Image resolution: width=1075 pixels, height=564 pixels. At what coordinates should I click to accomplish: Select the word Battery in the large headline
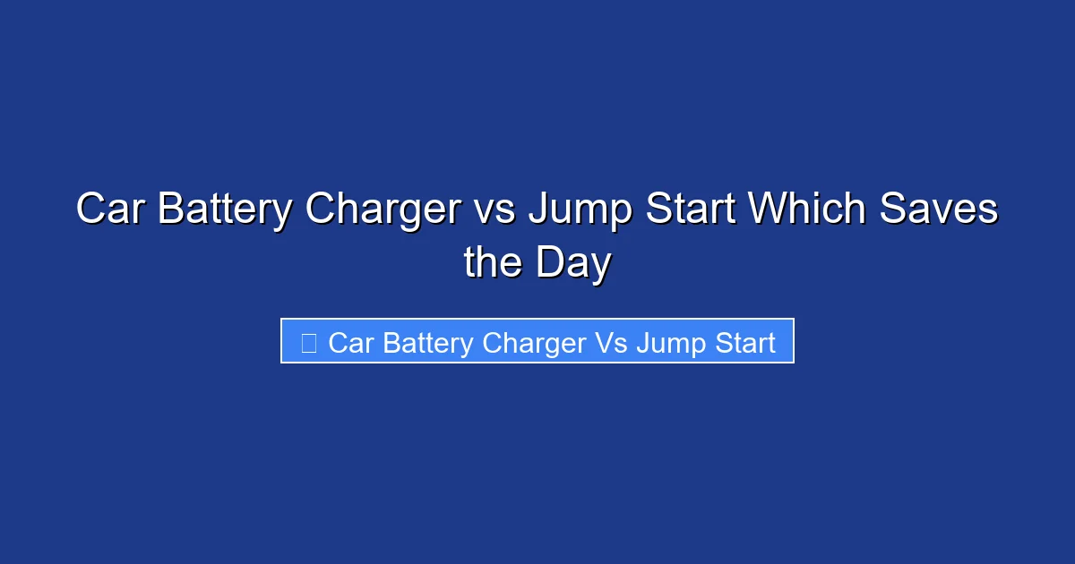(x=223, y=210)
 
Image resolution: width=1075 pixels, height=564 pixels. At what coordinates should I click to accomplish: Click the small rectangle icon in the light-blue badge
(x=309, y=343)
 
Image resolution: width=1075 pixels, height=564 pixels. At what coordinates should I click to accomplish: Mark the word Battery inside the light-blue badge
(x=428, y=343)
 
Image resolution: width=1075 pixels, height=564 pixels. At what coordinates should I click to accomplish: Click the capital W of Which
(x=769, y=210)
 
